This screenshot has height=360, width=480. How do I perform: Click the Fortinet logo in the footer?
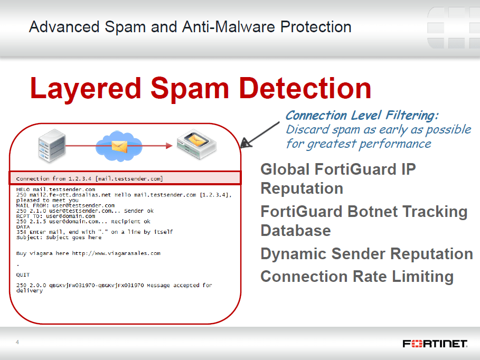pos(435,344)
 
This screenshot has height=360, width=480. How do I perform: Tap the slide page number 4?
pos(17,342)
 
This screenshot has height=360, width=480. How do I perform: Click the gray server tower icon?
pos(52,145)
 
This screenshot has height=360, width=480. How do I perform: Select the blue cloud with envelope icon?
pos(119,146)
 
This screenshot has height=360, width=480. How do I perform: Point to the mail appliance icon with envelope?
pos(196,144)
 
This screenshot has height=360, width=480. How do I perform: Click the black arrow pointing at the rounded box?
pos(260,135)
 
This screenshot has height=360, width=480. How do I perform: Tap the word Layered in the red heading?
pos(86,89)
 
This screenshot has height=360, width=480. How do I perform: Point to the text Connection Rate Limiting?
pos(357,277)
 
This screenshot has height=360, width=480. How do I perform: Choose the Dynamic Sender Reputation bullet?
pos(367,254)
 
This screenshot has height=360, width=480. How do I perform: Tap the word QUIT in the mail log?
pos(23,275)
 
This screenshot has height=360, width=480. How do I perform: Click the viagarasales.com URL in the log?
pos(116,253)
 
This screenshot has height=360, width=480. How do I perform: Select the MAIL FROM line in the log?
pos(65,205)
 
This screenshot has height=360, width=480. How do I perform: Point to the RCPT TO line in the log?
pos(56,216)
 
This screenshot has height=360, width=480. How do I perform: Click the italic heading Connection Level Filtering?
pos(362,116)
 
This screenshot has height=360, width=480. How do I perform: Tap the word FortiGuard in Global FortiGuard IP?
pos(355,169)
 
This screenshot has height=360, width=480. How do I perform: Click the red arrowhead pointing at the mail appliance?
pos(170,146)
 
